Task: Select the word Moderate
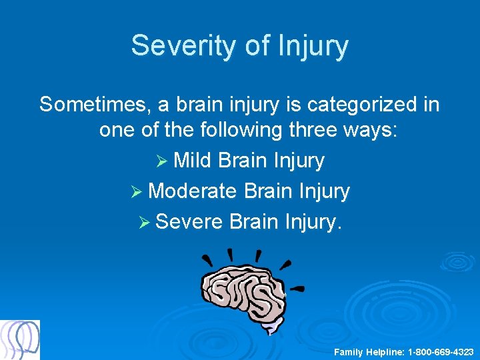[x=193, y=191]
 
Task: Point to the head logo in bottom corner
[x=20, y=339]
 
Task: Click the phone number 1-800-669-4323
[x=441, y=351]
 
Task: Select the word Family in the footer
[x=348, y=351]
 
